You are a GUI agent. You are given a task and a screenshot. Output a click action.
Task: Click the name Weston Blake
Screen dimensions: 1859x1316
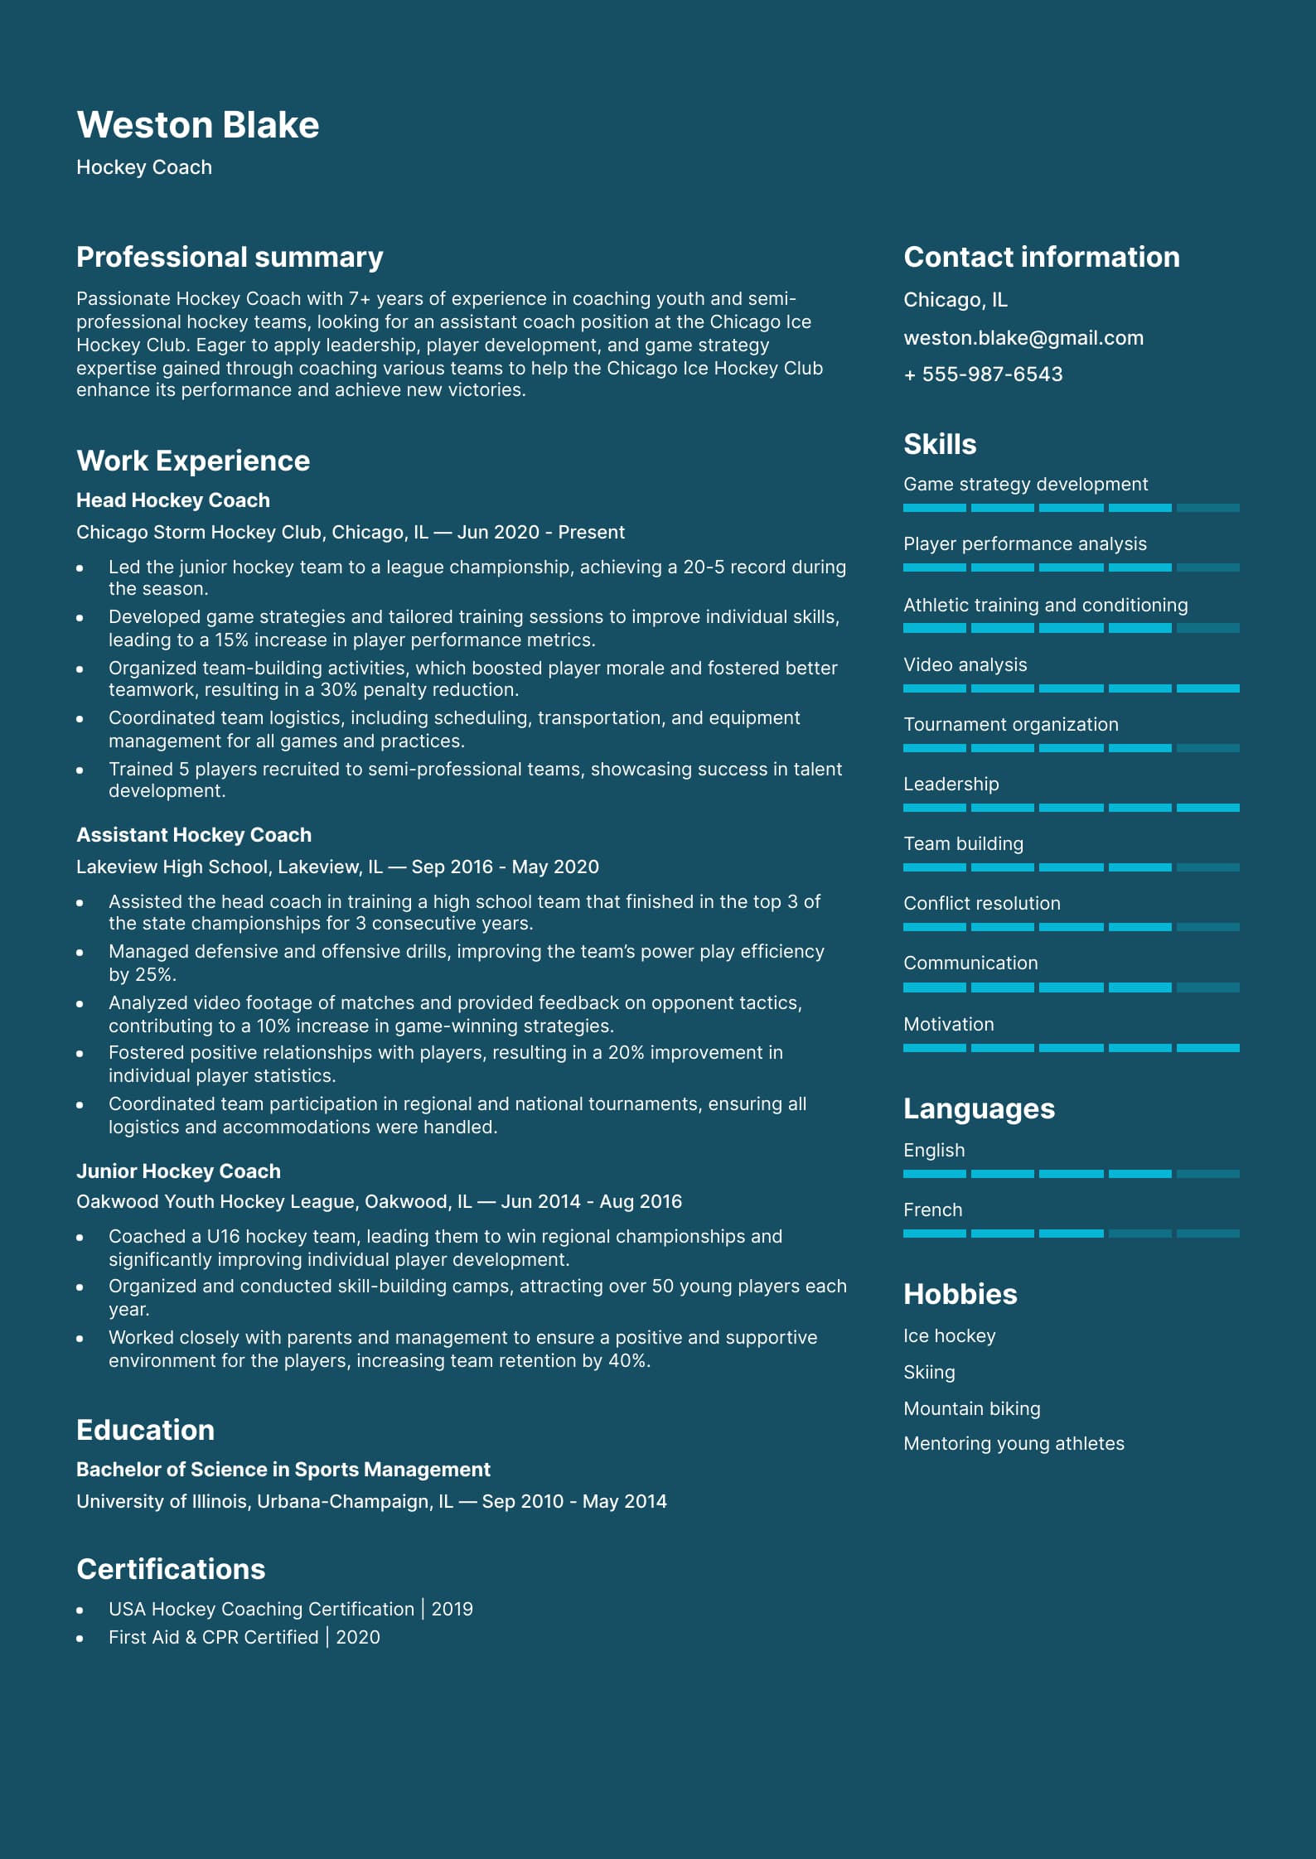(x=197, y=125)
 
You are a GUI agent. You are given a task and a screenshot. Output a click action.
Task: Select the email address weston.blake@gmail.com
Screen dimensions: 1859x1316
(x=1023, y=338)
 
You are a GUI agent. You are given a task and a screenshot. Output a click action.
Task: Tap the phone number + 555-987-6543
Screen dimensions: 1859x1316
(x=983, y=374)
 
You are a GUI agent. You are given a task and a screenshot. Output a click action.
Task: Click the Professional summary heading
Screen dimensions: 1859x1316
(x=230, y=257)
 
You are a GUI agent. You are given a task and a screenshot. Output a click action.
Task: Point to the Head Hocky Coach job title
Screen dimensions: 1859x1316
(x=172, y=500)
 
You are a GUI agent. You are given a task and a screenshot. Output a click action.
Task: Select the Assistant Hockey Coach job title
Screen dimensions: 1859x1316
(x=194, y=835)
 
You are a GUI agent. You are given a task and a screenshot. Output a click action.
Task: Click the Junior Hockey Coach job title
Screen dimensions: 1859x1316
(x=178, y=1171)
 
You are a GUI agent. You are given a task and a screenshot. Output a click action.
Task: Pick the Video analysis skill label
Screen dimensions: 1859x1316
(x=965, y=664)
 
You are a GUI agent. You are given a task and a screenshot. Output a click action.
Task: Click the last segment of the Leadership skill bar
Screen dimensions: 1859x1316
(x=1207, y=808)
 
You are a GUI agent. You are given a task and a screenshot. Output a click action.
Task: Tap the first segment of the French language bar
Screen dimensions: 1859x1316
(x=934, y=1234)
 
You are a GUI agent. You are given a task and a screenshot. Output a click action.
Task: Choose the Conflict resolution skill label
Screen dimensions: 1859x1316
(x=981, y=903)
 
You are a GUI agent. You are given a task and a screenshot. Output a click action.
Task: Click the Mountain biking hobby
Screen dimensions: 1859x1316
(x=971, y=1408)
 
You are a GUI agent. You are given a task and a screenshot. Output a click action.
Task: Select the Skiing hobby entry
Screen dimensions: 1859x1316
(x=929, y=1372)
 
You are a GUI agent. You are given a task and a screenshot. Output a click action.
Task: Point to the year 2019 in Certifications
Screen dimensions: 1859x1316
(x=452, y=1609)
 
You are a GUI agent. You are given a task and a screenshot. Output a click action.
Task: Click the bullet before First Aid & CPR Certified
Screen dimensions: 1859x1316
(x=80, y=1638)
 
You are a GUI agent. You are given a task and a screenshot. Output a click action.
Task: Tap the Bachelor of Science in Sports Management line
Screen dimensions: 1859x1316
(x=283, y=1470)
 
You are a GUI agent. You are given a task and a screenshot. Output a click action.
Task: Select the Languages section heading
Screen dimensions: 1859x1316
(x=979, y=1108)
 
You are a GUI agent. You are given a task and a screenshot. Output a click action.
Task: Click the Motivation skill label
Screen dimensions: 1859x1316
(x=948, y=1024)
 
